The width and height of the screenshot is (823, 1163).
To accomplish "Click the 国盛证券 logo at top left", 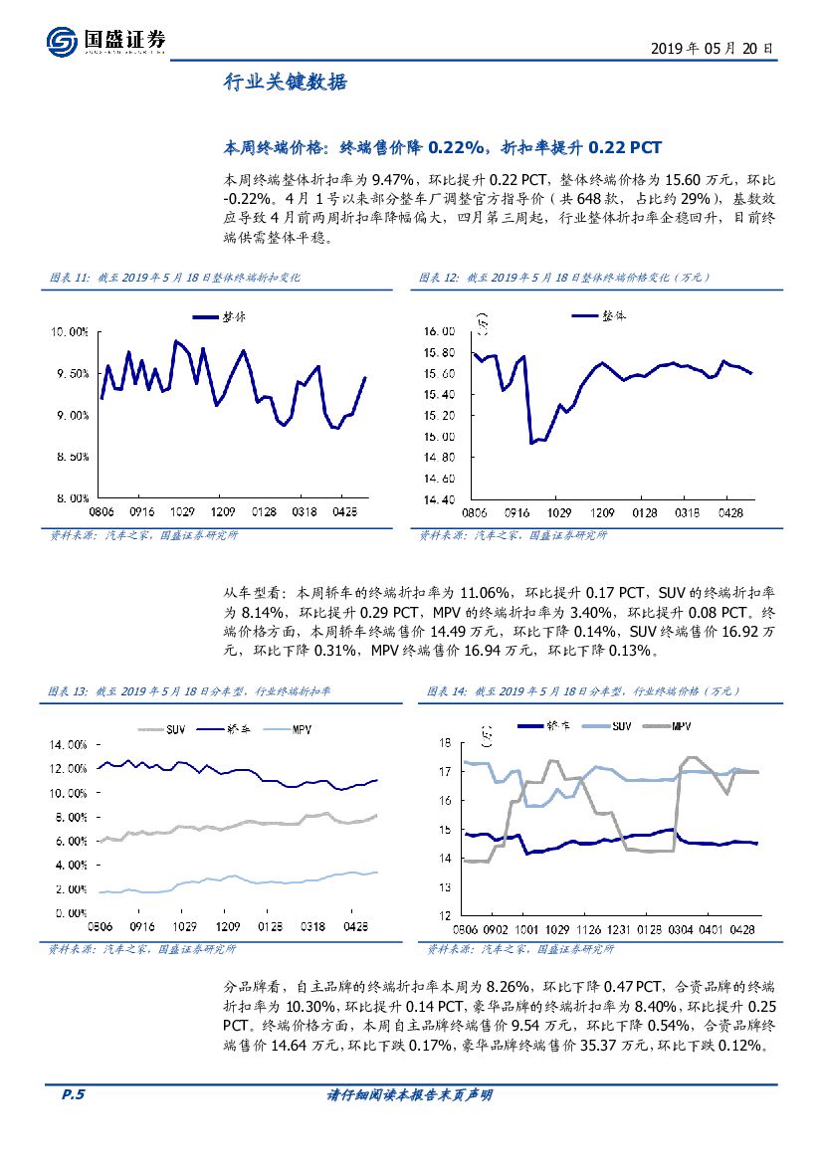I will click(x=104, y=41).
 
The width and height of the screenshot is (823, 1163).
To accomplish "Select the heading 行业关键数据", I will click(x=285, y=84).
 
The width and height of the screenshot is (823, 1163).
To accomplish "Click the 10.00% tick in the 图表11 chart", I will click(x=69, y=332).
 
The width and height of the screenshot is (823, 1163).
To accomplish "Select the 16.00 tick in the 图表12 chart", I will click(x=439, y=331).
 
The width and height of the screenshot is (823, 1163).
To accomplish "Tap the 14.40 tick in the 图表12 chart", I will click(x=439, y=499).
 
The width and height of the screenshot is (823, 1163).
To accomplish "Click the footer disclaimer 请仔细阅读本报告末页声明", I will click(x=410, y=1095).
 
